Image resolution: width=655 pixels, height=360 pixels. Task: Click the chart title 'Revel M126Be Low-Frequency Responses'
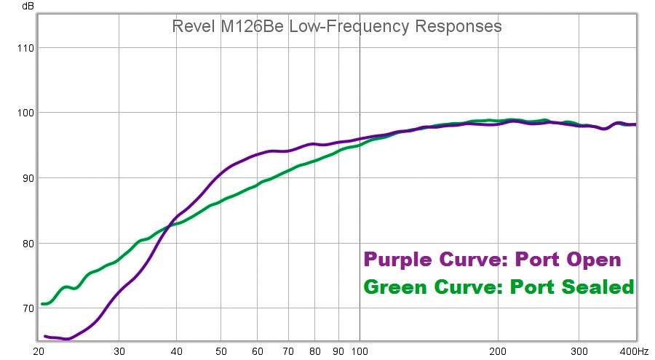(336, 27)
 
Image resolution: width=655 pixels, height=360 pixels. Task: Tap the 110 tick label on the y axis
(24, 48)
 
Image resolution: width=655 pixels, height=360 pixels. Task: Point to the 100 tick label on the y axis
(24, 113)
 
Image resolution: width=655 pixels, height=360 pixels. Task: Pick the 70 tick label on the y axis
(26, 308)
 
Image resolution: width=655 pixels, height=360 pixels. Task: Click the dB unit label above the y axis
(28, 7)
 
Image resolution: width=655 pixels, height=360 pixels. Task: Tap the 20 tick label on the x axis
(39, 350)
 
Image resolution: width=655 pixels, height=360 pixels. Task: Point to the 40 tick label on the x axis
(177, 350)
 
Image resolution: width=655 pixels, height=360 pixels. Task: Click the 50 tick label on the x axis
(221, 350)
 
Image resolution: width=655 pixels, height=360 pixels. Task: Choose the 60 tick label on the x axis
(257, 350)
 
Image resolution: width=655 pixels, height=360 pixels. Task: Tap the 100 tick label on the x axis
(360, 350)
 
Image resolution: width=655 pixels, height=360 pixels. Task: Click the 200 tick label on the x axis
(498, 350)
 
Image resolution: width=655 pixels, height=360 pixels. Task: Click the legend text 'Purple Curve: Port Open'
(492, 260)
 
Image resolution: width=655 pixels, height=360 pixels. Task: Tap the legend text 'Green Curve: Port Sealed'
(499, 287)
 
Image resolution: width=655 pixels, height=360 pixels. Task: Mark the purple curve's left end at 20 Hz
(45, 336)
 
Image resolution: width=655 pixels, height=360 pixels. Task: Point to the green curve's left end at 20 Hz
(43, 303)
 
